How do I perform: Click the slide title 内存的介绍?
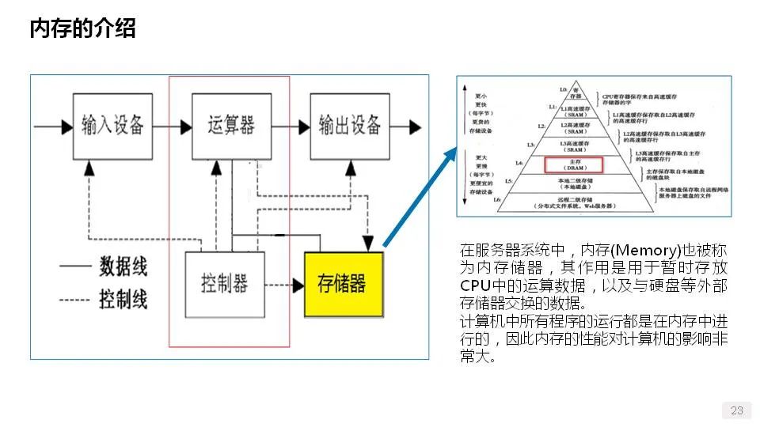[82, 28]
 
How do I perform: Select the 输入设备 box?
[112, 125]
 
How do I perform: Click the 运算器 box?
[231, 125]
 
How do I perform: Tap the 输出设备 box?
[349, 125]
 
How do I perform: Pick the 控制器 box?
[224, 284]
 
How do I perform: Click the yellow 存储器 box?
[343, 284]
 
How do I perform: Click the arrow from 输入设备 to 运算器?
[172, 126]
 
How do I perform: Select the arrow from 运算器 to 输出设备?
[290, 126]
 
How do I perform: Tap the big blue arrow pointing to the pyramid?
[419, 198]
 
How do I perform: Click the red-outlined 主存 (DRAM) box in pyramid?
[574, 164]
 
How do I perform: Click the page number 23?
[736, 410]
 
